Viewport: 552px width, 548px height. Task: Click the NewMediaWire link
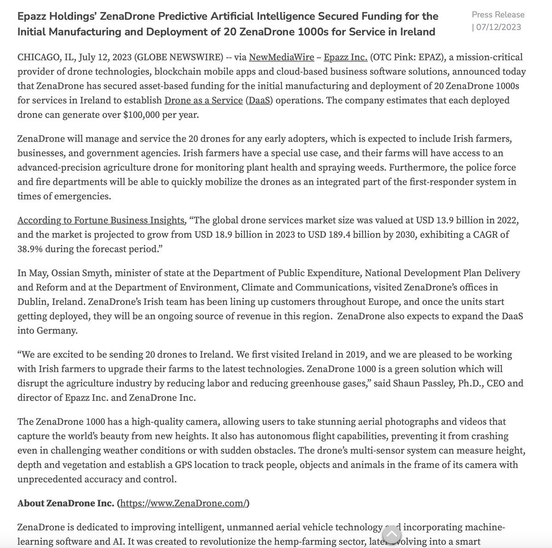(x=281, y=57)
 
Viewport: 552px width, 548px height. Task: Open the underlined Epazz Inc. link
(x=345, y=57)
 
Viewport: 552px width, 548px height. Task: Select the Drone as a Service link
(x=203, y=100)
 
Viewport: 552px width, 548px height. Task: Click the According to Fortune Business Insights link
(x=101, y=220)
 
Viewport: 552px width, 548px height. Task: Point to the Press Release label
(x=498, y=15)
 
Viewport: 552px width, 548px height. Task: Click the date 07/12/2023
(x=499, y=27)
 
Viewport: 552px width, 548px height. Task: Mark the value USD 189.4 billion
(x=345, y=235)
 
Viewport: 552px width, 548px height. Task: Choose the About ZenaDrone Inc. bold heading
(x=65, y=503)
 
